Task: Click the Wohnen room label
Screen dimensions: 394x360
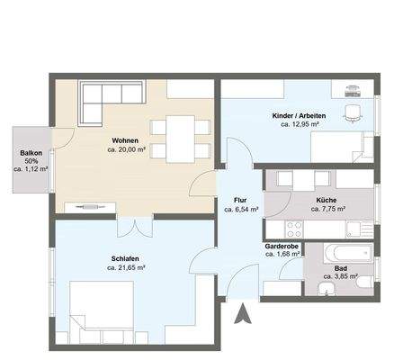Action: [x=125, y=140]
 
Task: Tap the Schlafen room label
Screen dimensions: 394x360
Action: [x=125, y=258]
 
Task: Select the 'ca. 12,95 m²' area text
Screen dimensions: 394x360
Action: [x=300, y=123]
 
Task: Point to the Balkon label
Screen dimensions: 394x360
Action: [x=31, y=153]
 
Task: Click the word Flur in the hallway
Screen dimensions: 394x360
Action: [x=240, y=200]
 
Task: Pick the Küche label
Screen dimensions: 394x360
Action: [x=327, y=200]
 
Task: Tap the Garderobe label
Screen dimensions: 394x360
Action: [x=282, y=247]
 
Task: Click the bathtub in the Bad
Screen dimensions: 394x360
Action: [x=348, y=253]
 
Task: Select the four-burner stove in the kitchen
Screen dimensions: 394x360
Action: [x=295, y=229]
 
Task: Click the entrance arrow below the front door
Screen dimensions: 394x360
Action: [x=243, y=313]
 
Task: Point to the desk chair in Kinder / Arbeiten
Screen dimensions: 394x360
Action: [x=353, y=113]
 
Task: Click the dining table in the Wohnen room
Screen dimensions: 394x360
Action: [x=181, y=139]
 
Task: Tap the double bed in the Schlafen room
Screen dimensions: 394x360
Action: [x=102, y=312]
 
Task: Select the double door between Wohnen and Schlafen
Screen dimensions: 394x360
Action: [x=135, y=227]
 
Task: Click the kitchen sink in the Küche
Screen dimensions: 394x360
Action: [x=359, y=229]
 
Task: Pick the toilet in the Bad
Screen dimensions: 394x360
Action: [x=365, y=283]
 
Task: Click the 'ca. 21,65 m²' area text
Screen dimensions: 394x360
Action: [x=126, y=267]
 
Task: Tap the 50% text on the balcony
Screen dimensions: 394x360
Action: [x=31, y=161]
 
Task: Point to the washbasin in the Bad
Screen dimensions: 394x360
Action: [x=327, y=289]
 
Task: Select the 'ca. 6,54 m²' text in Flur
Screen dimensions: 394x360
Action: [x=241, y=210]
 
